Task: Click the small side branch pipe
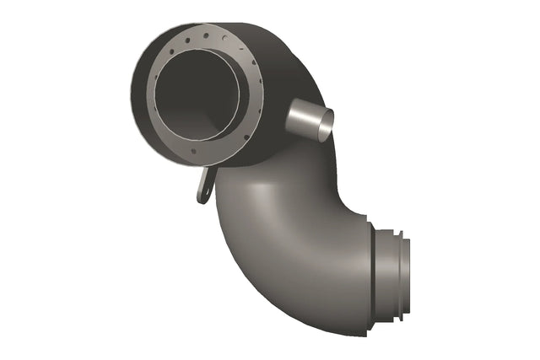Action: click(305, 119)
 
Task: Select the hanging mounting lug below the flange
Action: click(203, 185)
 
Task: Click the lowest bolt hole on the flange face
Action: click(195, 152)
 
